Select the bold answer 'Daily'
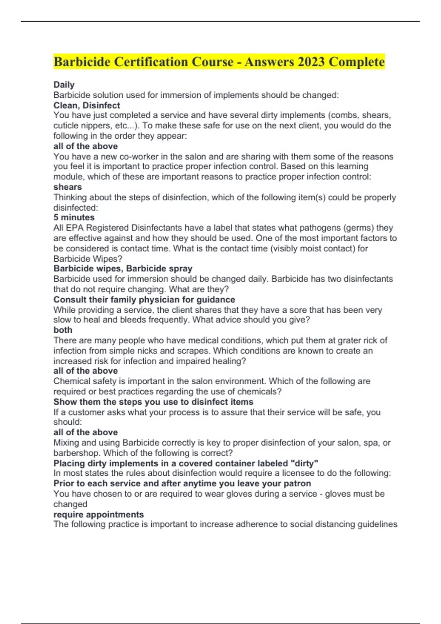[64, 85]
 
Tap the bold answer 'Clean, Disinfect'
[87, 105]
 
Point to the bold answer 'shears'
[68, 187]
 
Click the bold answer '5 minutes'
[74, 217]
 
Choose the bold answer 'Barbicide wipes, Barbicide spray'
[123, 268]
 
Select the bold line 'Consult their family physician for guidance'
[144, 300]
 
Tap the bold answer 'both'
[63, 330]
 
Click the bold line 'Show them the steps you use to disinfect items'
[153, 402]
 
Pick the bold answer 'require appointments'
[98, 514]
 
